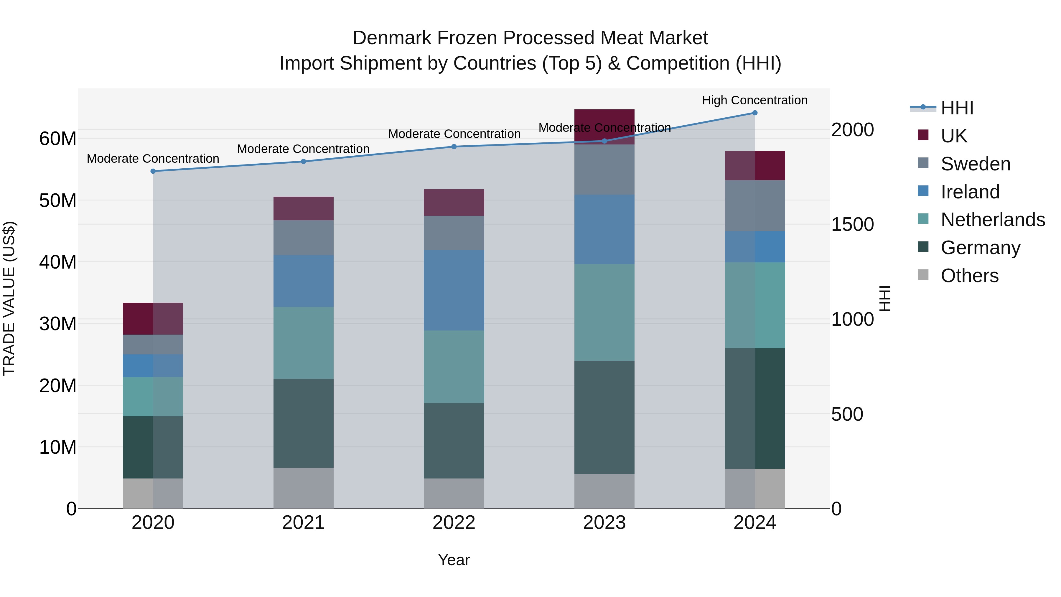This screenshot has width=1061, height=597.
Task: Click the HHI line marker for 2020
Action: [x=153, y=171]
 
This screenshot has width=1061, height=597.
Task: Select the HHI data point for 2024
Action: [x=754, y=113]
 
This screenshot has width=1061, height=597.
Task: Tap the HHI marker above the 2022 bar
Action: [x=454, y=147]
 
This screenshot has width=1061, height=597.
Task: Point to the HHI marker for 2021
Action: [x=304, y=162]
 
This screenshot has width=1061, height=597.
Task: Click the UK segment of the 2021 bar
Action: [x=304, y=208]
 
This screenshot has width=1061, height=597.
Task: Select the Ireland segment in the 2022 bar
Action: [x=454, y=290]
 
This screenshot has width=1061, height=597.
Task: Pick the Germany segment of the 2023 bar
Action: [x=604, y=417]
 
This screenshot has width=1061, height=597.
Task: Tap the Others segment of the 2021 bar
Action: [x=304, y=488]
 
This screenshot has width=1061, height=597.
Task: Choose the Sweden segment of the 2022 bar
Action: [x=454, y=233]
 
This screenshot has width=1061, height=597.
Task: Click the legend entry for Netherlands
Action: [x=993, y=220]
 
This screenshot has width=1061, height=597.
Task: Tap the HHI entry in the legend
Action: [x=957, y=108]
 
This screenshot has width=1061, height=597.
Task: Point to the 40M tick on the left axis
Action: [x=58, y=262]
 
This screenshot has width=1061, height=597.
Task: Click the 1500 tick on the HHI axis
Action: [x=852, y=225]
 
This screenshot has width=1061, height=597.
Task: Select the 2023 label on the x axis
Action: [x=604, y=523]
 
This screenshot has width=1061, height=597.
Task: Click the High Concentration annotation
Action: [x=754, y=100]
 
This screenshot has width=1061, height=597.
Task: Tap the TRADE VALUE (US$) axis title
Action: [x=9, y=298]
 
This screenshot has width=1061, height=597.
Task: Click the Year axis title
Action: [x=454, y=560]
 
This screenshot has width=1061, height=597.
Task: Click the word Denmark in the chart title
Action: [x=392, y=38]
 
